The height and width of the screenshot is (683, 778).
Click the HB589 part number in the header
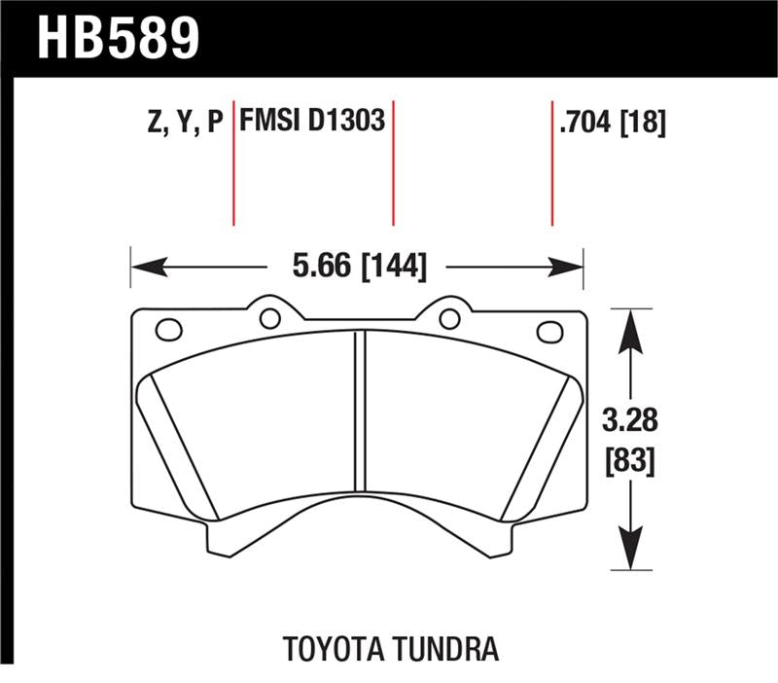[118, 38]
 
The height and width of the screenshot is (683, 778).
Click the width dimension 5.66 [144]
[359, 266]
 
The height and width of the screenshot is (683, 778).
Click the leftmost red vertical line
[234, 165]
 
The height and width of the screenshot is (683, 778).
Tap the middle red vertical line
[393, 165]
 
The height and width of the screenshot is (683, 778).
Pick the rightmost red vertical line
[552, 165]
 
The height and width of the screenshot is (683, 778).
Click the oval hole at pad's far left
[168, 332]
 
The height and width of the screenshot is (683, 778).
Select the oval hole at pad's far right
[550, 332]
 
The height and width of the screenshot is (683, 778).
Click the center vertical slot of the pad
[359, 409]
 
